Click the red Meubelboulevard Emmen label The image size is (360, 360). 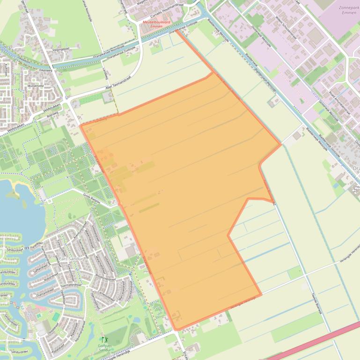(153, 23)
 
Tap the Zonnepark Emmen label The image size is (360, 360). (348, 11)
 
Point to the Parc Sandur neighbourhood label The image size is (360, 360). (71, 259)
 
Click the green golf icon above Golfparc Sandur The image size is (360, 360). (104, 339)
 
